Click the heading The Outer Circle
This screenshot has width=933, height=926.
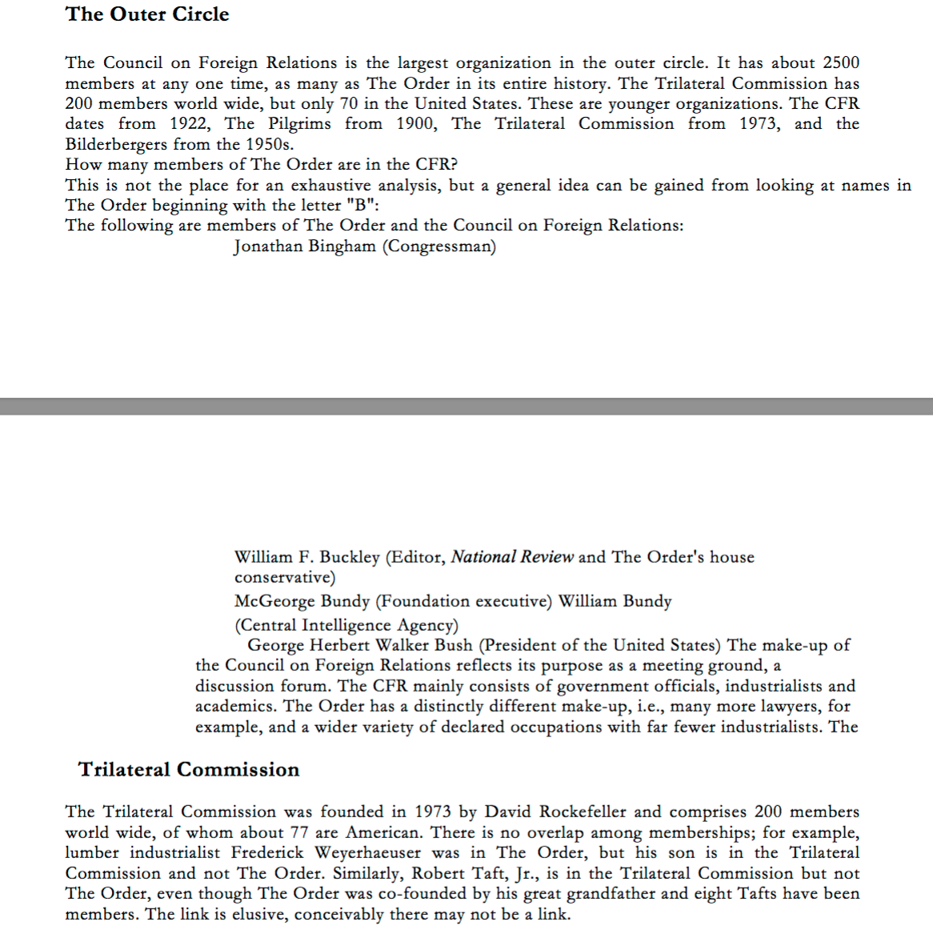[147, 14]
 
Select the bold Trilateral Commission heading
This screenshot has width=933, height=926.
[189, 770]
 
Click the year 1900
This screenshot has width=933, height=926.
[416, 124]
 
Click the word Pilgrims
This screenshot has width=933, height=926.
[299, 124]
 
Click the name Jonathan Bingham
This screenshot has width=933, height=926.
[305, 247]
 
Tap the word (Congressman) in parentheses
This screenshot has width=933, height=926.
[439, 247]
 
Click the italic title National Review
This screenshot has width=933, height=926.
[512, 557]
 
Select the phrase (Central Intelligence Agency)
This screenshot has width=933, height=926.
[346, 625]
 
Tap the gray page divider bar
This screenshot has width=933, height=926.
[466, 407]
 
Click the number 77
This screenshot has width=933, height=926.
[298, 832]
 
